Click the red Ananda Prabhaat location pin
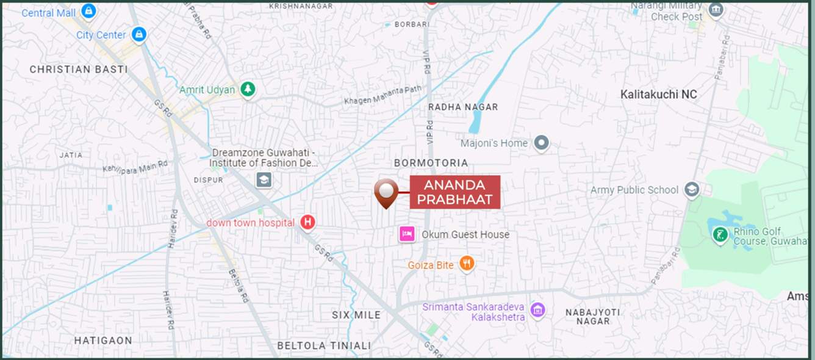[386, 192]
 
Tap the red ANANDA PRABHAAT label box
[454, 192]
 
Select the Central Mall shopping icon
[89, 11]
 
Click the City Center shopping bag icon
[139, 34]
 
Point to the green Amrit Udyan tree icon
[247, 89]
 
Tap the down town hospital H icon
[308, 222]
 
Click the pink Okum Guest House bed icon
[407, 234]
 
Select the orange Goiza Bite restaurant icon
[467, 264]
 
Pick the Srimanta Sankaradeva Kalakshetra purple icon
[537, 310]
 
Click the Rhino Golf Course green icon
[720, 234]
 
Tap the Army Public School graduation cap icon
[691, 189]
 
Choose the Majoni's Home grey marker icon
[541, 143]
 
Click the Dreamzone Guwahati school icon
[264, 179]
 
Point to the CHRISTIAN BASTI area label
[79, 70]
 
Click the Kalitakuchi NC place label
[658, 95]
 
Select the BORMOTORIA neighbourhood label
[431, 163]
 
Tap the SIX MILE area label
[356, 315]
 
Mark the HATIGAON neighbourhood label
[103, 340]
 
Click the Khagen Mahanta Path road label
[382, 95]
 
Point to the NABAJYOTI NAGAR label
[592, 317]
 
